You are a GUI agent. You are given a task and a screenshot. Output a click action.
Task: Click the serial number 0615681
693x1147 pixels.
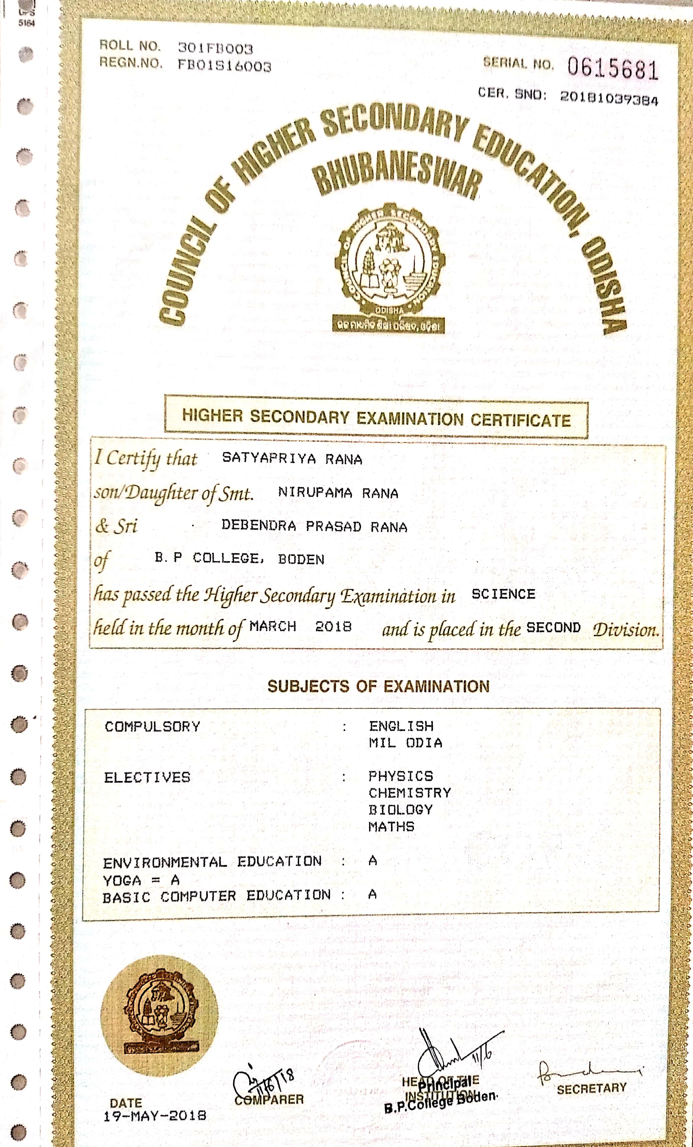click(612, 69)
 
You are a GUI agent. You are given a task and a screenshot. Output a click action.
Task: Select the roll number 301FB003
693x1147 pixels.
click(216, 48)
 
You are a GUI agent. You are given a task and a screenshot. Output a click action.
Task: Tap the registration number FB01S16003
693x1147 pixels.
click(224, 66)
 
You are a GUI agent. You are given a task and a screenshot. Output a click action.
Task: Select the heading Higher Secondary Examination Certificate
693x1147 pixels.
click(376, 417)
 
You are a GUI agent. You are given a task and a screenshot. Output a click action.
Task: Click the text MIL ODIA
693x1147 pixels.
click(405, 743)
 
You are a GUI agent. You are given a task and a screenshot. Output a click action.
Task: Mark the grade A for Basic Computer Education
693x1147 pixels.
click(372, 894)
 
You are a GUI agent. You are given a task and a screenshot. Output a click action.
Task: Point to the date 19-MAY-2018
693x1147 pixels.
click(155, 1115)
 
